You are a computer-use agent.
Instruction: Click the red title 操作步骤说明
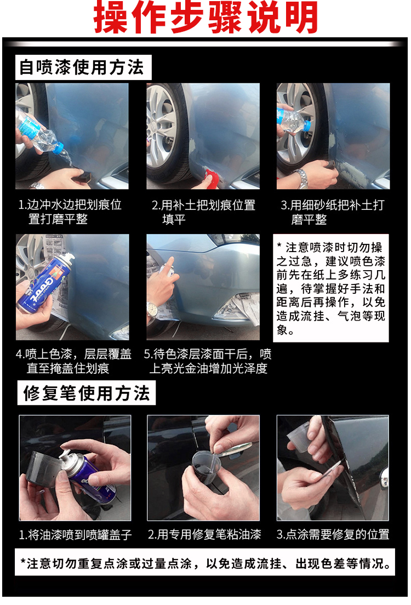[206, 17]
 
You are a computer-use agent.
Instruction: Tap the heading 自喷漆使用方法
[82, 67]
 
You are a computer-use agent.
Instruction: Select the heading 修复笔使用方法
[87, 393]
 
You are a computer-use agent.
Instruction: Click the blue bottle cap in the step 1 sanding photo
[58, 148]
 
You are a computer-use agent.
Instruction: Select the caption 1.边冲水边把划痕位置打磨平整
[70, 212]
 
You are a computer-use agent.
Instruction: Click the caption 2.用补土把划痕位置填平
[203, 212]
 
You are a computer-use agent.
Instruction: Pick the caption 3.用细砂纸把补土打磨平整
[333, 212]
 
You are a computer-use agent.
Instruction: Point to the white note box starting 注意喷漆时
[331, 288]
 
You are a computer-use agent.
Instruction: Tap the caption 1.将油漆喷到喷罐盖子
[75, 534]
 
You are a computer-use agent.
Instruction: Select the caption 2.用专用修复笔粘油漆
[204, 534]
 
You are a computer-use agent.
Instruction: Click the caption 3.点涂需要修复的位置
[333, 534]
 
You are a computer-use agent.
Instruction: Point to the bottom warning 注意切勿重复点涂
[206, 563]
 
